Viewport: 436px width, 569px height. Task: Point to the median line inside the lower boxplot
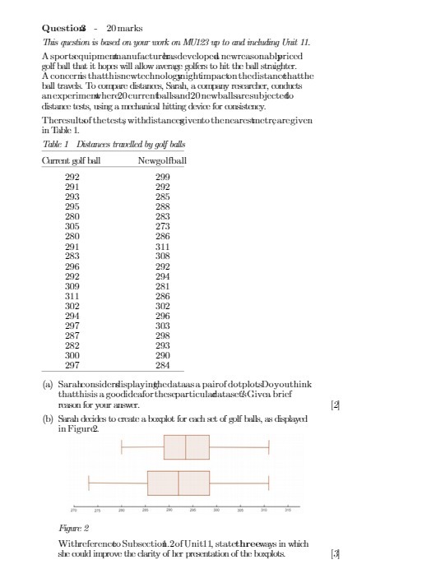click(179, 483)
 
